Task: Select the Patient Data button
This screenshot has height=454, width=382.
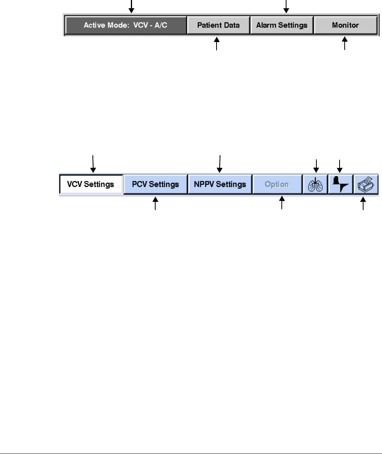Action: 219,26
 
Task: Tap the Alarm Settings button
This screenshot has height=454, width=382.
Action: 282,26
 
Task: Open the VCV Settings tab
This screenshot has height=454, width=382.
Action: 91,184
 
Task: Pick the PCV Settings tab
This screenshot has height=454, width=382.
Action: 155,184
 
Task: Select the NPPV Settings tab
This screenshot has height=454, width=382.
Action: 220,184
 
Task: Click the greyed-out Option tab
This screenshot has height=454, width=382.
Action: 277,184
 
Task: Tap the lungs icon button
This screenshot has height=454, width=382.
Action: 315,184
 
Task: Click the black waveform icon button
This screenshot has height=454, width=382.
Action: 340,184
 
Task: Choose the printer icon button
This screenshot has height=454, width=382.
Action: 365,184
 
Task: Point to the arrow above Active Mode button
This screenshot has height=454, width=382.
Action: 132,6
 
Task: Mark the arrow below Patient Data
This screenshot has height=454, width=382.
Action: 216,43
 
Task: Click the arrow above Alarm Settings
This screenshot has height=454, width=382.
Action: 286,6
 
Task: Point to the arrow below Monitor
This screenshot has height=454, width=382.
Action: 345,43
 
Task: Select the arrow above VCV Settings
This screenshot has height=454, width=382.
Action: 93,164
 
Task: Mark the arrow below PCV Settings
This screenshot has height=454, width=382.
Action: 156,205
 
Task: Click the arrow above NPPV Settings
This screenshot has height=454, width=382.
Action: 220,164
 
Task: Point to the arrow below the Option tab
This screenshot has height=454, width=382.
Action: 281,205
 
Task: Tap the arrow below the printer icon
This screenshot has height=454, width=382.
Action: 363,205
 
